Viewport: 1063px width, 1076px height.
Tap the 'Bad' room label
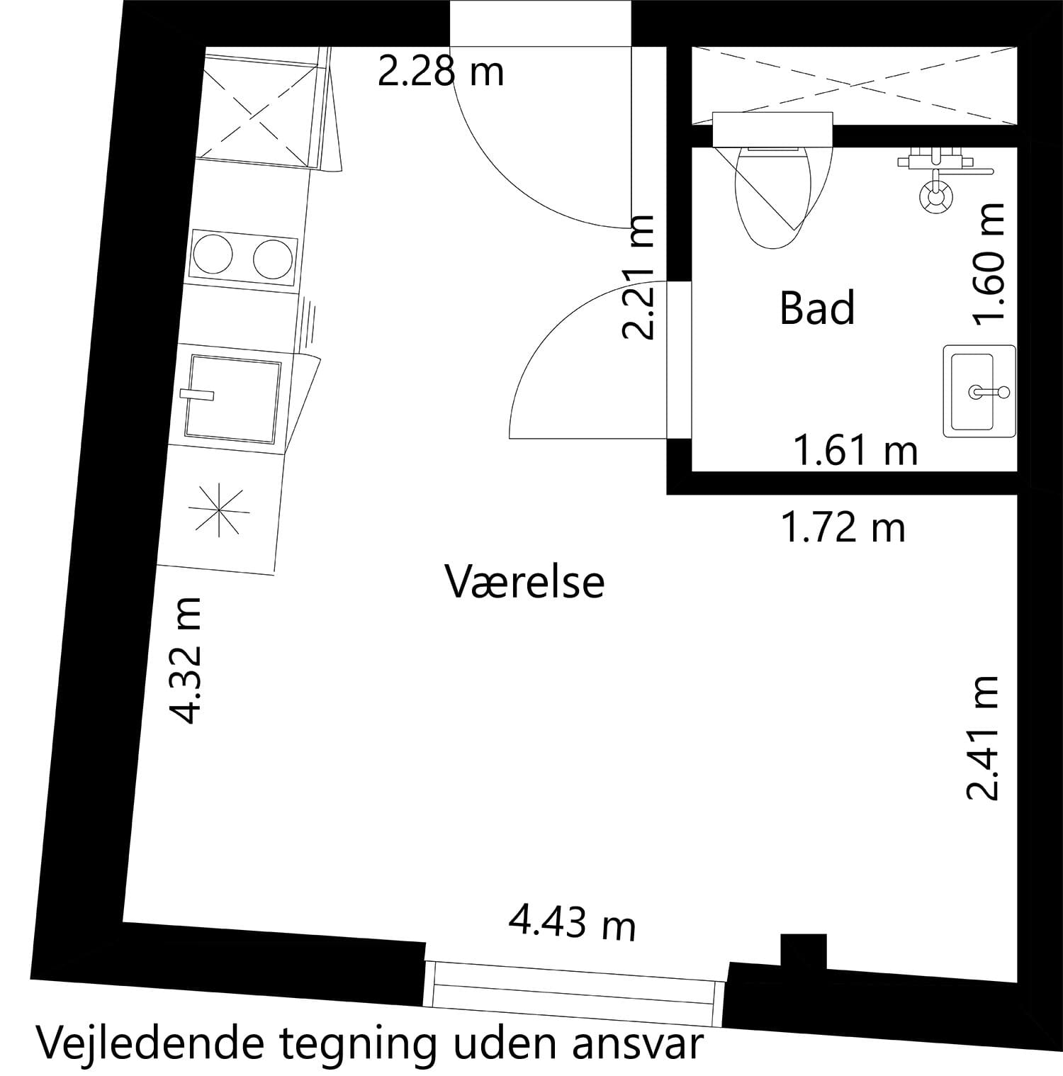(817, 308)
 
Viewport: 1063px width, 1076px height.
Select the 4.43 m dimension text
(572, 924)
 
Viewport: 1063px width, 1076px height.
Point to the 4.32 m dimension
(188, 660)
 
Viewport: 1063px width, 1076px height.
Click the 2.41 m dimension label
(983, 737)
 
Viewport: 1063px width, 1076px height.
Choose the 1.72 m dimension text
(843, 528)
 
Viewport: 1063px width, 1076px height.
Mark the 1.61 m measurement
(855, 451)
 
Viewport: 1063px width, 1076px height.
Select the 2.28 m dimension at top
(440, 72)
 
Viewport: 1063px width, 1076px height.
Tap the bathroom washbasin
(979, 391)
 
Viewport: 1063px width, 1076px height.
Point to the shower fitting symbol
(937, 194)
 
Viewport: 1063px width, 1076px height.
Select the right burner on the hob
(273, 259)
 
